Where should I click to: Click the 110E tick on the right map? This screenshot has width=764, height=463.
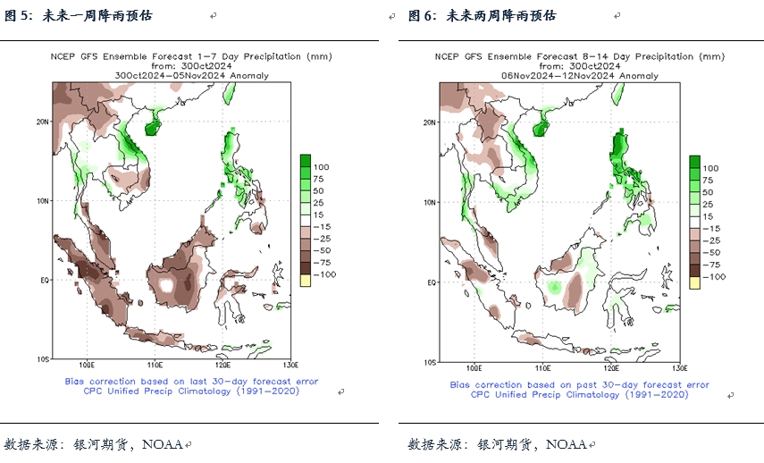click(542, 367)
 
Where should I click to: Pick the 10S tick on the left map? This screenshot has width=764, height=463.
click(41, 360)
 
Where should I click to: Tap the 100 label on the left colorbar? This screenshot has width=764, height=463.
click(322, 166)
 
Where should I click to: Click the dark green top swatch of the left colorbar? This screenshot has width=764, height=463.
click(305, 161)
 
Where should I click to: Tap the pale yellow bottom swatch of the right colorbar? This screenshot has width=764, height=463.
click(694, 282)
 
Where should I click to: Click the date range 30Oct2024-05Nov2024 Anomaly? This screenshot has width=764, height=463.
click(191, 75)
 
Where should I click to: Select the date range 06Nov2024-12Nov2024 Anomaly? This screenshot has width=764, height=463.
click(579, 76)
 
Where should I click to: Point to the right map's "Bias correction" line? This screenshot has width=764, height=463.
click(579, 385)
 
